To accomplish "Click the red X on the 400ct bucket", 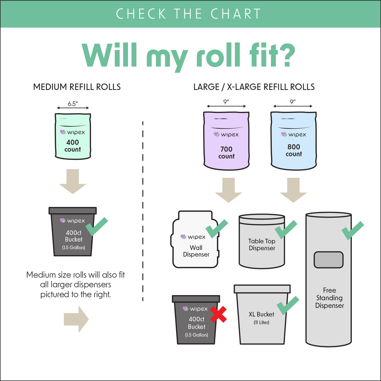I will click(x=218, y=314).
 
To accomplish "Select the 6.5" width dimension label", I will click(x=73, y=104).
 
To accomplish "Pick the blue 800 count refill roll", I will click(x=294, y=139).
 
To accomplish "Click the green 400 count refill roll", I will click(x=73, y=136).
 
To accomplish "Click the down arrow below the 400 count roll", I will click(x=72, y=181).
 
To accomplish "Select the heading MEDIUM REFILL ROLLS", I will click(x=77, y=87).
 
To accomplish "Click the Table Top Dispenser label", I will click(x=261, y=244).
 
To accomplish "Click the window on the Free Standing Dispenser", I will click(x=328, y=260).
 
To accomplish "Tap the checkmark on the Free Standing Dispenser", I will click(x=352, y=230).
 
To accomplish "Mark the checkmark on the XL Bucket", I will click(x=287, y=306).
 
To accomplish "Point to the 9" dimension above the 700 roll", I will click(x=226, y=102).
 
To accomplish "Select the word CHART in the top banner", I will click(x=236, y=14).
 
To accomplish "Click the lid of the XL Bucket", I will click(x=262, y=289).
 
